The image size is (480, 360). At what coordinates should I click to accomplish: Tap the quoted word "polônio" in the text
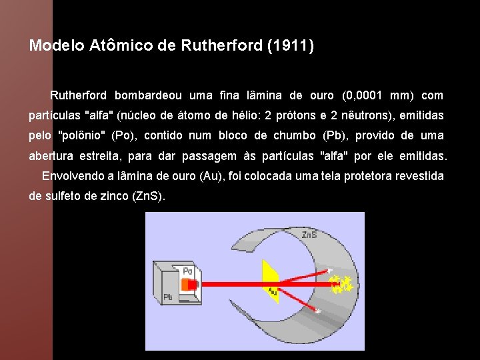[x=82, y=135]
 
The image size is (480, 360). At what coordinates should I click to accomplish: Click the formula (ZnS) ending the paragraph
[x=147, y=197]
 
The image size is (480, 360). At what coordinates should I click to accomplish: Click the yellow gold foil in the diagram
[x=271, y=280]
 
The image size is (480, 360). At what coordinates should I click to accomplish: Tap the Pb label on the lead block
[x=167, y=297]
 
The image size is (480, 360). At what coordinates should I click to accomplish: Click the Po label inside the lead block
[x=187, y=272]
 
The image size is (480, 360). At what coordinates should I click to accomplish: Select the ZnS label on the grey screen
[x=309, y=235]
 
